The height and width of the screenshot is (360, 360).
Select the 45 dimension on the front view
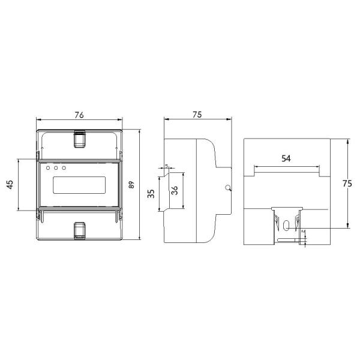(x=10, y=185)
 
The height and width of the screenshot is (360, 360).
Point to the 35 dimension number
(x=151, y=194)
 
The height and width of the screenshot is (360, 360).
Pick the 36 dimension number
(x=174, y=191)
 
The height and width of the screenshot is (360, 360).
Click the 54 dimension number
(x=286, y=158)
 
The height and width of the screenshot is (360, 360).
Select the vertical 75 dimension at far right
(x=346, y=185)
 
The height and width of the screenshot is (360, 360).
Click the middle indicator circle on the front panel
(x=56, y=168)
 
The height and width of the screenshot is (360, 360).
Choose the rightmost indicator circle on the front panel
(x=64, y=168)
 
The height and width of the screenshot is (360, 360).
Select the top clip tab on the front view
(x=79, y=139)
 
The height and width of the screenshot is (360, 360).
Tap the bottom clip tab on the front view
(x=79, y=230)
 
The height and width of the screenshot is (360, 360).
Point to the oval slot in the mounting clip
(x=286, y=226)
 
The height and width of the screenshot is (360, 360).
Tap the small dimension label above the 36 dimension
(x=166, y=167)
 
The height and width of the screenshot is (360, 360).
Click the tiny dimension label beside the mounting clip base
(x=304, y=231)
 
